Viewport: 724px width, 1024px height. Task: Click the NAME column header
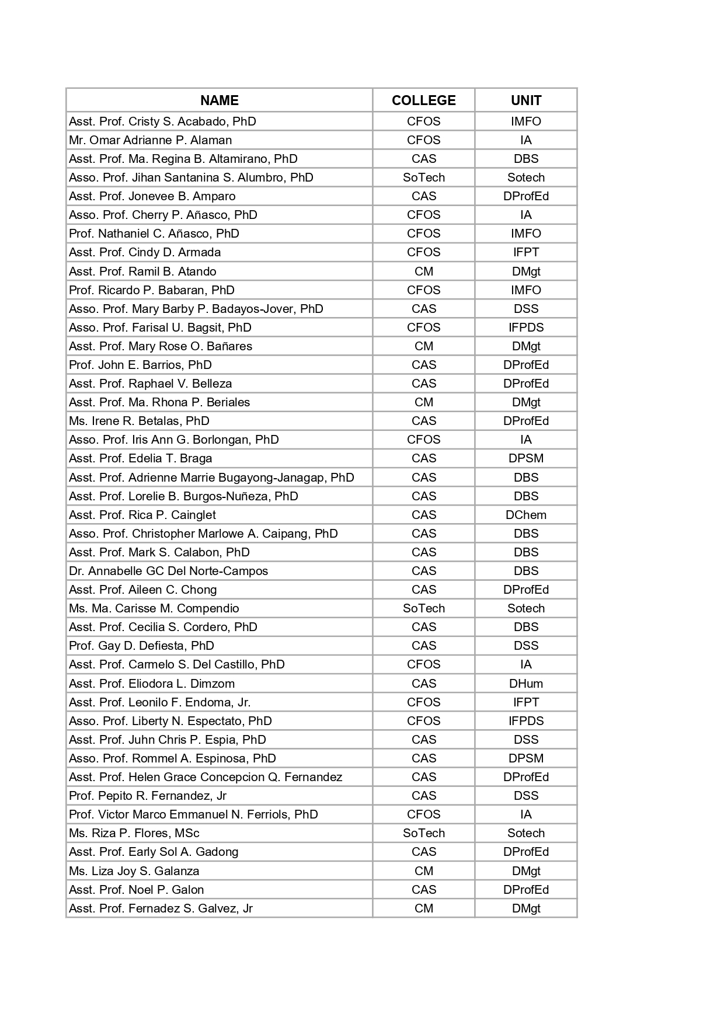click(x=219, y=100)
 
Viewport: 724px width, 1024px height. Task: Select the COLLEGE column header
click(x=423, y=100)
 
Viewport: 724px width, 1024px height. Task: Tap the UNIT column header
click(x=525, y=100)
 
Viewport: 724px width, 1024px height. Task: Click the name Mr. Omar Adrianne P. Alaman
click(x=151, y=140)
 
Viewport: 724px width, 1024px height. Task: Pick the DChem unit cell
click(x=525, y=515)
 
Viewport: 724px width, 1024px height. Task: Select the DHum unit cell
click(x=525, y=684)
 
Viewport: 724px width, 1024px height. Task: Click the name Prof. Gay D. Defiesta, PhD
click(x=141, y=646)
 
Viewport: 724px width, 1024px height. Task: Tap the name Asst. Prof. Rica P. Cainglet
click(x=142, y=515)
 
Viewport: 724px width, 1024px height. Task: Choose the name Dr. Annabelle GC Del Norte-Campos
click(x=169, y=571)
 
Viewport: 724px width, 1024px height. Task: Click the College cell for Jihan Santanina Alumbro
click(x=423, y=177)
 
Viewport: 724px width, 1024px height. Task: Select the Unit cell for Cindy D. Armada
click(x=525, y=252)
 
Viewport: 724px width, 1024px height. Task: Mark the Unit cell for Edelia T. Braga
click(x=525, y=458)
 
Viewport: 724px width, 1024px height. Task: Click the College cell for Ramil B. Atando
click(x=423, y=271)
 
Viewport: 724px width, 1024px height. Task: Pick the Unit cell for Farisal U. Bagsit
click(x=525, y=328)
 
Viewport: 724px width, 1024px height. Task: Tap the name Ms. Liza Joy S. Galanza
click(x=134, y=871)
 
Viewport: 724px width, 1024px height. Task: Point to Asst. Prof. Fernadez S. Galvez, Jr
click(x=161, y=908)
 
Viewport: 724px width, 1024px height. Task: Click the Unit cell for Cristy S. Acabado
click(x=525, y=121)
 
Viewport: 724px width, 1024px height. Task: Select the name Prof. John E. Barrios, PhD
click(x=140, y=365)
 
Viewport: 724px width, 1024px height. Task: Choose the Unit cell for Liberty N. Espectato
click(x=525, y=721)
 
